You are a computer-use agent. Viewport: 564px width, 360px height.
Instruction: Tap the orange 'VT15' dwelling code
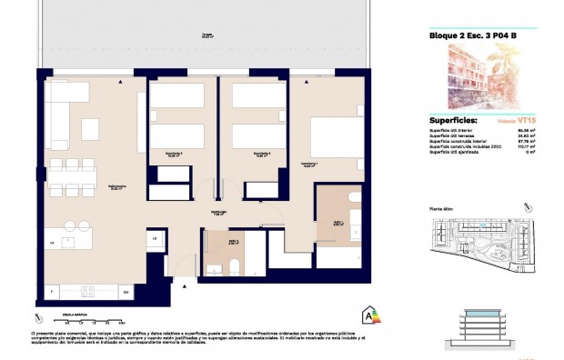[525, 120]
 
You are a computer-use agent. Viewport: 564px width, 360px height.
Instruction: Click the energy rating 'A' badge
[369, 315]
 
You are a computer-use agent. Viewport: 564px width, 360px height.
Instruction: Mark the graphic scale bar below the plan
[81, 320]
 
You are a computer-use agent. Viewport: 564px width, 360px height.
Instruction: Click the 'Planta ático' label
[442, 208]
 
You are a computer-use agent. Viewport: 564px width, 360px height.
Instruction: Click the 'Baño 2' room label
[219, 244]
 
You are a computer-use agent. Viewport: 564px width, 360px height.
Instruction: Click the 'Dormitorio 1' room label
[321, 165]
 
